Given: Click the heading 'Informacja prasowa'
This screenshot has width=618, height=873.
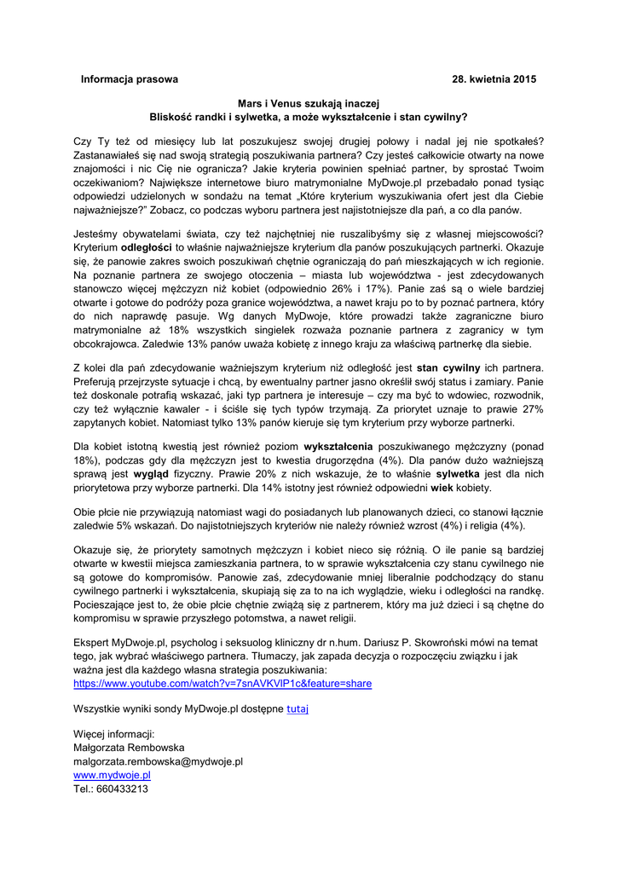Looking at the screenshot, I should [130, 79].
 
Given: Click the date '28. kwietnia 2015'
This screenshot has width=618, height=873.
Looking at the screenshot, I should [494, 79].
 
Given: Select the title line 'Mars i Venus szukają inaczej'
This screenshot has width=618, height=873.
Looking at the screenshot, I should [309, 102].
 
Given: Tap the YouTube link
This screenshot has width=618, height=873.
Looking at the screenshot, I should [222, 684].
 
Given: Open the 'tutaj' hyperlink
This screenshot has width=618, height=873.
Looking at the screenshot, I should [297, 708].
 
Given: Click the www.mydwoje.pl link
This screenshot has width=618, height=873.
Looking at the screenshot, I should [112, 775].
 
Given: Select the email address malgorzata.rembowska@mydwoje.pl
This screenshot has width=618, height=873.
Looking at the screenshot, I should [159, 761].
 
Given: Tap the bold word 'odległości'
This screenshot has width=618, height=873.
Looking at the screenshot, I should [151, 246].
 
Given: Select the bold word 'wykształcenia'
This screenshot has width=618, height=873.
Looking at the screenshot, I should [342, 446].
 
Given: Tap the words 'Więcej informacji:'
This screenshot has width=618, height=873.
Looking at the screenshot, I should [114, 734].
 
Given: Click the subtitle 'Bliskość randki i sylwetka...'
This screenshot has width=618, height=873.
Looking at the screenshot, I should [309, 116].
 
